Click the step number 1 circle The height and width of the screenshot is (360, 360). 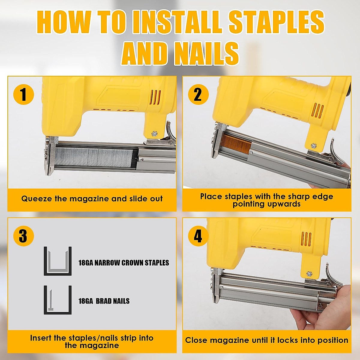pyautogui.click(x=24, y=94)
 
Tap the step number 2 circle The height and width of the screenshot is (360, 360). pyautogui.click(x=198, y=94)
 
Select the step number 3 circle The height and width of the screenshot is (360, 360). pyautogui.click(x=23, y=236)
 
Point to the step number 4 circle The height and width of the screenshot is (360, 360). pyautogui.click(x=198, y=236)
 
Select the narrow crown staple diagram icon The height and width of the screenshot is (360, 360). pyautogui.click(x=58, y=261)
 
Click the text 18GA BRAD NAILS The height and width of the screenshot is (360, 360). pyautogui.click(x=104, y=301)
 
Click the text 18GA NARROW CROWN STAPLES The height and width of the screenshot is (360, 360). pyautogui.click(x=124, y=263)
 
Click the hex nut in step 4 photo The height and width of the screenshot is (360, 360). pyautogui.click(x=309, y=274)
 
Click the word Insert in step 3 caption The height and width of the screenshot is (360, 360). pyautogui.click(x=41, y=338)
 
